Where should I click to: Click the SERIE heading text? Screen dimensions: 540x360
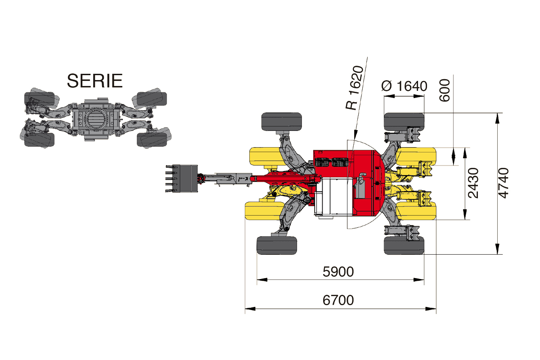pyautogui.click(x=95, y=81)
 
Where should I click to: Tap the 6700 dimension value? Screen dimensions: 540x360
pyautogui.click(x=338, y=300)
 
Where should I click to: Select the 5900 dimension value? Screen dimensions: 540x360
pyautogui.click(x=338, y=272)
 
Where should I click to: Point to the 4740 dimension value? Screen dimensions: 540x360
pyautogui.click(x=504, y=183)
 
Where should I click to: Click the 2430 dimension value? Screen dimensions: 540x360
pyautogui.click(x=473, y=183)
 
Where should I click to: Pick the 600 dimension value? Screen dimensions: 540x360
pyautogui.click(x=445, y=90)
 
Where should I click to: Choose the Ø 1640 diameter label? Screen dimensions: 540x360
pyautogui.click(x=404, y=86)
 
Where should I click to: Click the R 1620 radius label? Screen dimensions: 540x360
pyautogui.click(x=355, y=88)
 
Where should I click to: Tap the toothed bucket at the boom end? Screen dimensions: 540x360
pyautogui.click(x=181, y=179)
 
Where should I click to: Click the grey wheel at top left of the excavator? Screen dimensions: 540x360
pyautogui.click(x=282, y=122)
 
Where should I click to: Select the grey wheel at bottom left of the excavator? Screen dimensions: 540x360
pyautogui.click(x=277, y=245)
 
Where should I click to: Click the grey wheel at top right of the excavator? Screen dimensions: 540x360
pyautogui.click(x=404, y=122)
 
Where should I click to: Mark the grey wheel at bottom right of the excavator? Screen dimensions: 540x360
pyautogui.click(x=404, y=245)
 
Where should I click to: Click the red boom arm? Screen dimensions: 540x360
pyautogui.click(x=284, y=179)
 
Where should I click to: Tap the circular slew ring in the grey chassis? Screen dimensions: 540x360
pyautogui.click(x=96, y=119)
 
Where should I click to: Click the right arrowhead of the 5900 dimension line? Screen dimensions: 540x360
pyautogui.click(x=419, y=280)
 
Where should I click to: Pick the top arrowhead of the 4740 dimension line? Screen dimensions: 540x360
pyautogui.click(x=497, y=118)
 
